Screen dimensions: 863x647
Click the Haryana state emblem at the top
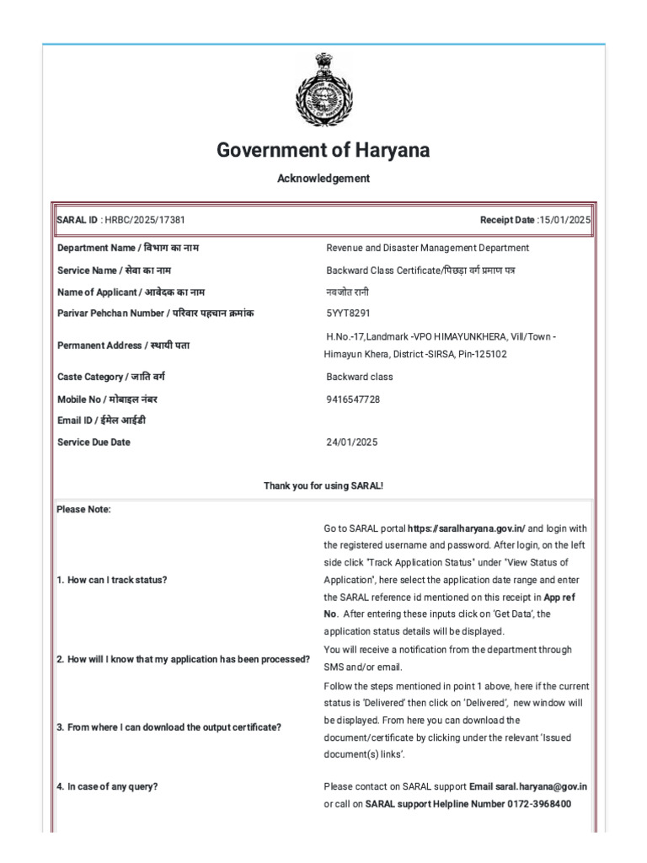pyautogui.click(x=323, y=89)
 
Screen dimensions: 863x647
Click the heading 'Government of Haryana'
pyautogui.click(x=323, y=151)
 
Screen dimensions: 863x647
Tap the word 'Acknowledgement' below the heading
pyautogui.click(x=323, y=179)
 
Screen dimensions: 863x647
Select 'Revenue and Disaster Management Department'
pyautogui.click(x=427, y=248)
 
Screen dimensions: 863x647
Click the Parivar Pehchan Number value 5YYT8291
pyautogui.click(x=348, y=313)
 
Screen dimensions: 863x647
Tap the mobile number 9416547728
pyautogui.click(x=353, y=399)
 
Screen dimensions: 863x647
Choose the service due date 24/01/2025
pyautogui.click(x=351, y=442)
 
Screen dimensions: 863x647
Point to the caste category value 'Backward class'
pyautogui.click(x=359, y=377)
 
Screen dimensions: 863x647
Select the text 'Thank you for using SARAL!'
pyautogui.click(x=323, y=485)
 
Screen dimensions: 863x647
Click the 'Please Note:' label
pyautogui.click(x=83, y=509)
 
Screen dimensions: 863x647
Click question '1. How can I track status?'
pyautogui.click(x=112, y=581)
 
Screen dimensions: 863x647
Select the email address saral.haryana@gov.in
pyautogui.click(x=540, y=786)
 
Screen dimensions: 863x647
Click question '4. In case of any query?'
pyautogui.click(x=107, y=786)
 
